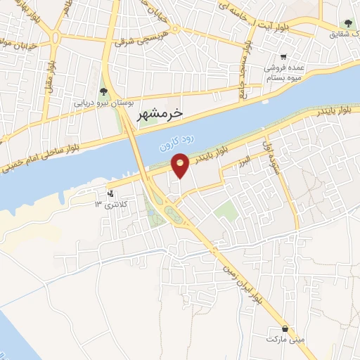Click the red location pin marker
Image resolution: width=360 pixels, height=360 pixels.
[x=181, y=165]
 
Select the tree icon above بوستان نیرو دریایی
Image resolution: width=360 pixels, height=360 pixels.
[x=104, y=91]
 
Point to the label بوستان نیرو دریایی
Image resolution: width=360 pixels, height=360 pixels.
[x=104, y=103]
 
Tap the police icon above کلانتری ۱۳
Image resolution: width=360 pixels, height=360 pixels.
[x=110, y=193]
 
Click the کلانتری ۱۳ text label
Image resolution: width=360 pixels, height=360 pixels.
[x=108, y=205]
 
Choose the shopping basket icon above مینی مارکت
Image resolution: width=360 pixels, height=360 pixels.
[x=284, y=328]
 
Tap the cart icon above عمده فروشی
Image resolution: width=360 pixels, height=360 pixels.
[x=283, y=58]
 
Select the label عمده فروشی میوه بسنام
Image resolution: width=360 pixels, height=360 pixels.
[x=283, y=72]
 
